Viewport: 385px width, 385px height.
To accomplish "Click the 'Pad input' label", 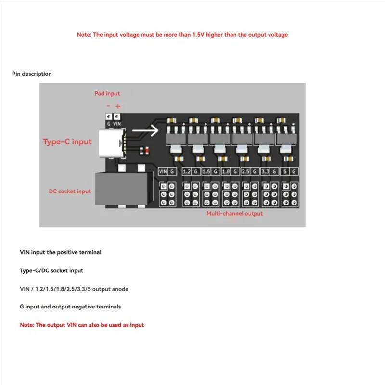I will [x=107, y=93].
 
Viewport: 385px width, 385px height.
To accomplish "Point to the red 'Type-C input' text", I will [x=67, y=141].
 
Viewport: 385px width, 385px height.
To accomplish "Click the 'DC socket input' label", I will [x=70, y=191].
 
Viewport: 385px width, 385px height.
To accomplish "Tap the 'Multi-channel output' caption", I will [x=234, y=213].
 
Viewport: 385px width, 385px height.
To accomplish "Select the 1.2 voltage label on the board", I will [x=187, y=171].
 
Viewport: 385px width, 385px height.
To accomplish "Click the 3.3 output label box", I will [x=265, y=171].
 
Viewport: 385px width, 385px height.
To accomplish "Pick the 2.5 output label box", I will [x=245, y=171].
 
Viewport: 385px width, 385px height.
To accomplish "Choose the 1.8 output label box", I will [x=226, y=171].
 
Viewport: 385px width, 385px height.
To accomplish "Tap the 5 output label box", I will [x=286, y=171].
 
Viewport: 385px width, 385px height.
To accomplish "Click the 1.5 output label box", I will [x=206, y=171].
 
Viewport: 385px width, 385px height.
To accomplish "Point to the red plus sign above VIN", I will [x=118, y=106].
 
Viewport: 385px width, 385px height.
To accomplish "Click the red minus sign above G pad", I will [x=108, y=106].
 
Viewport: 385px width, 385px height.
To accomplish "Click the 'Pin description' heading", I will [x=32, y=74].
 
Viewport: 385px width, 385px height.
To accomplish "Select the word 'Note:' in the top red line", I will [x=84, y=35].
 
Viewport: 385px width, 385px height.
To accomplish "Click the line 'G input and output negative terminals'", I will [x=70, y=307].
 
